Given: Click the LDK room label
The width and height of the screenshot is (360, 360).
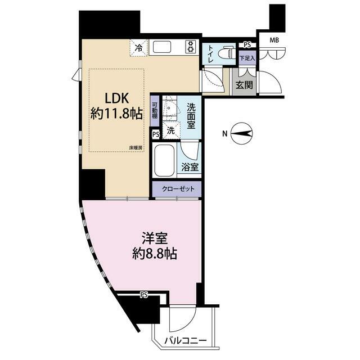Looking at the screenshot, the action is (x=116, y=98).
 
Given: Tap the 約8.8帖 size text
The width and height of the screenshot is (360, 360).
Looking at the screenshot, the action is (x=154, y=254).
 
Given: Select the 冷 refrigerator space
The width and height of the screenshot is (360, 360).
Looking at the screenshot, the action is (x=139, y=48).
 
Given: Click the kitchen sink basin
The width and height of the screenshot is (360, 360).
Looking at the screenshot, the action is (x=162, y=47).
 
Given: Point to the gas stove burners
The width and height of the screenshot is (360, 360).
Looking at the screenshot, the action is (x=190, y=47).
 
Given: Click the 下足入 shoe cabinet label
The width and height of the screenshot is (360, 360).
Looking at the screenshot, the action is (x=247, y=58).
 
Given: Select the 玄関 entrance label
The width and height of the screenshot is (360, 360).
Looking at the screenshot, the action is (x=244, y=85).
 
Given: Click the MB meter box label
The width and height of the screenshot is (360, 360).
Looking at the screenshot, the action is (x=274, y=40).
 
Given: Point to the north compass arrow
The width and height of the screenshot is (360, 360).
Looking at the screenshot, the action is (x=241, y=133).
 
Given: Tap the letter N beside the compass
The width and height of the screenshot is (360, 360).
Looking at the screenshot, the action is (x=225, y=133).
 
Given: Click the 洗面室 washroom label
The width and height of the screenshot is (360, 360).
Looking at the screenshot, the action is (x=191, y=116).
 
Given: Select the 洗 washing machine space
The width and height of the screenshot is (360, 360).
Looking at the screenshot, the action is (x=170, y=130).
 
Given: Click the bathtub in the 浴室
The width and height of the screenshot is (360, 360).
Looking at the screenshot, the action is (x=164, y=161).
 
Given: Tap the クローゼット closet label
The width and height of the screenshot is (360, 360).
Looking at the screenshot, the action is (x=178, y=189).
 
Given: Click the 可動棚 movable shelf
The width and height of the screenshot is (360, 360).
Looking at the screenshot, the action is (x=155, y=110).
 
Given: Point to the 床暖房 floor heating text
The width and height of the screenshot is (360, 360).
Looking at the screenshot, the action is (x=135, y=148).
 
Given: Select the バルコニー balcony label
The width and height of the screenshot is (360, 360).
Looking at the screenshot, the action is (x=186, y=340).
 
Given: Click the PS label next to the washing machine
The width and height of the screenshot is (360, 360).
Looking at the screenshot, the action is (x=156, y=134).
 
